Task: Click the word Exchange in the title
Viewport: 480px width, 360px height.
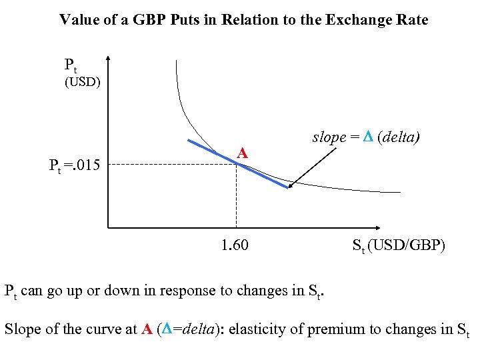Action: pyautogui.click(x=357, y=20)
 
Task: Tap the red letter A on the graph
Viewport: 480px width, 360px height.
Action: pyautogui.click(x=243, y=153)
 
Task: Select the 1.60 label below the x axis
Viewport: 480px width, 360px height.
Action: pyautogui.click(x=235, y=245)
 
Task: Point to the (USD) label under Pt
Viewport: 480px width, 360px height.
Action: pyautogui.click(x=82, y=83)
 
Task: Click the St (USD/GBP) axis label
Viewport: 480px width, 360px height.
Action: pyautogui.click(x=398, y=246)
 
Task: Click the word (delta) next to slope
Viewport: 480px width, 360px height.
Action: pyautogui.click(x=402, y=137)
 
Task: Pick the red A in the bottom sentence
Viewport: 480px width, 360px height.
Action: pyautogui.click(x=147, y=329)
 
